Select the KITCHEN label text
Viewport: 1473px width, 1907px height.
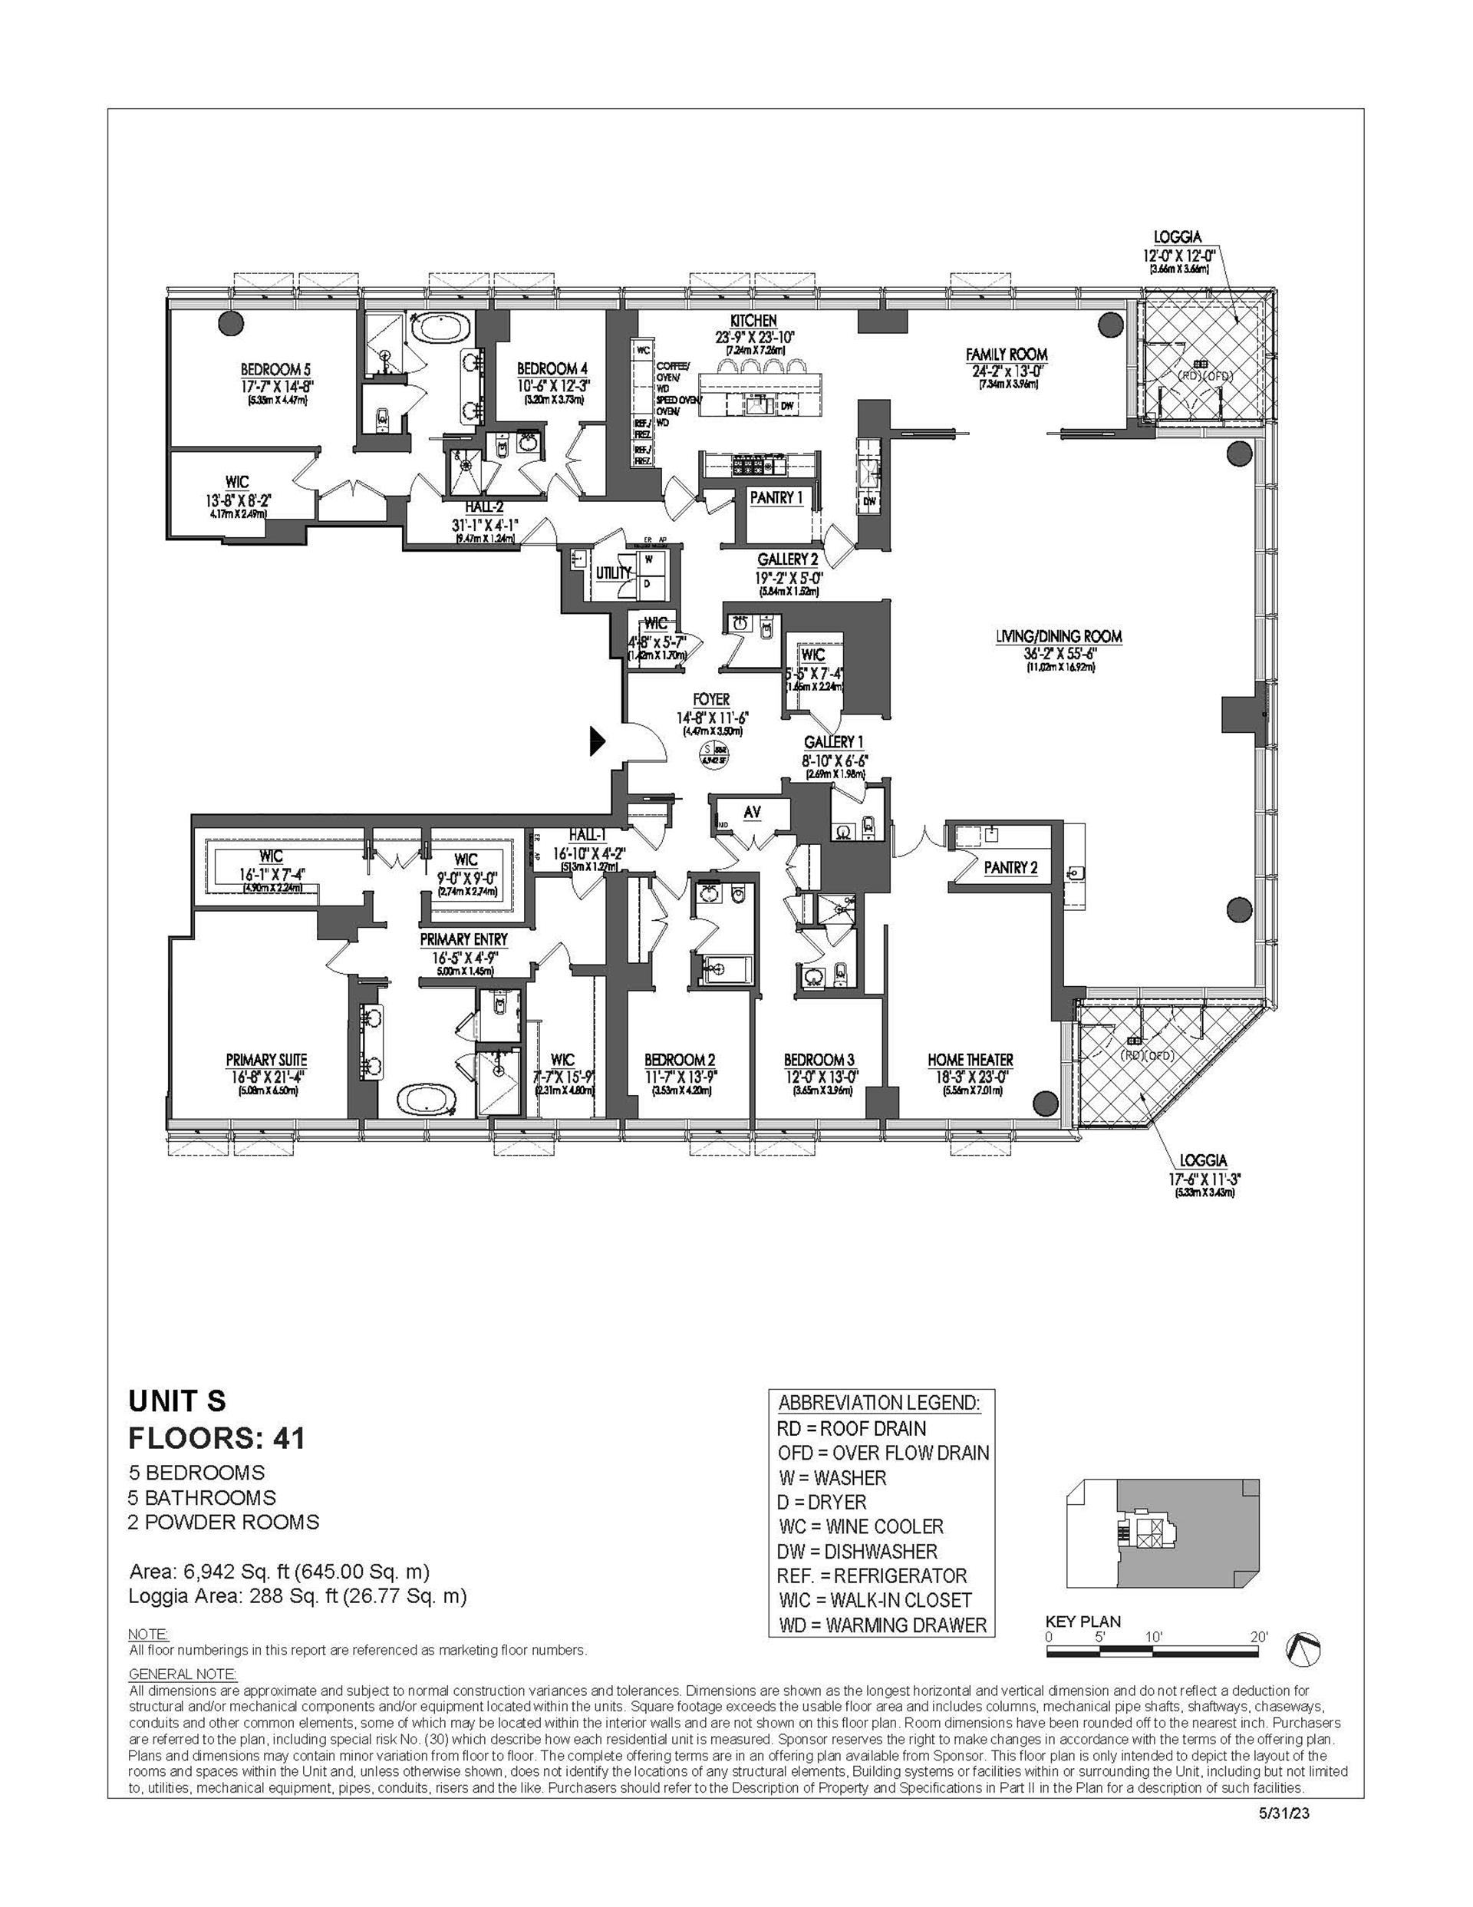pos(753,322)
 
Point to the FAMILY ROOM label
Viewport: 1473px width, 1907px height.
pos(1006,355)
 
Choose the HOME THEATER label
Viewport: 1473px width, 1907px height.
pos(970,1060)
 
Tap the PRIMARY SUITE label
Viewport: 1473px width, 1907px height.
pos(266,1060)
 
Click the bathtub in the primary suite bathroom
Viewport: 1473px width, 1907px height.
pos(428,1097)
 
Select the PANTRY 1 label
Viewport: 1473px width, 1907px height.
pos(776,498)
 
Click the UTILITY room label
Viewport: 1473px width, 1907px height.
pos(613,572)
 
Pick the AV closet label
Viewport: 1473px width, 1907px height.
pos(752,812)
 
